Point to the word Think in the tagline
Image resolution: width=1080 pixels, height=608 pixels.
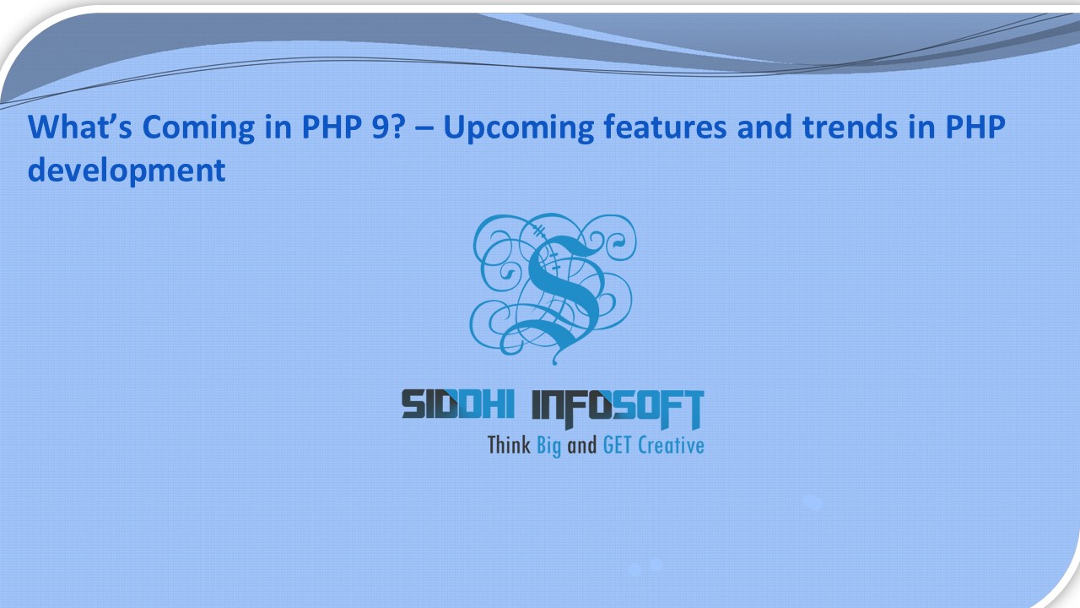coord(509,445)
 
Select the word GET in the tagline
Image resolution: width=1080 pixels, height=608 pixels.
coord(618,445)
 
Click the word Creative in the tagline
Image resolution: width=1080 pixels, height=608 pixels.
coord(671,445)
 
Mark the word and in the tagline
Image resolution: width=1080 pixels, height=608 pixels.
coord(581,445)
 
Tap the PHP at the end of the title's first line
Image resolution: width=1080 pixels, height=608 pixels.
coord(977,128)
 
